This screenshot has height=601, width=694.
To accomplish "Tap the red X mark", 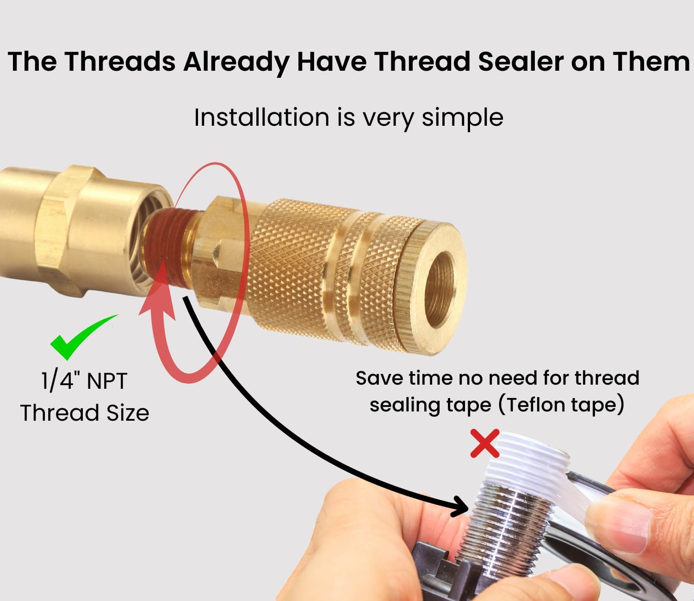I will [x=484, y=443].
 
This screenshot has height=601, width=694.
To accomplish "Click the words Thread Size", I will [x=85, y=412].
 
